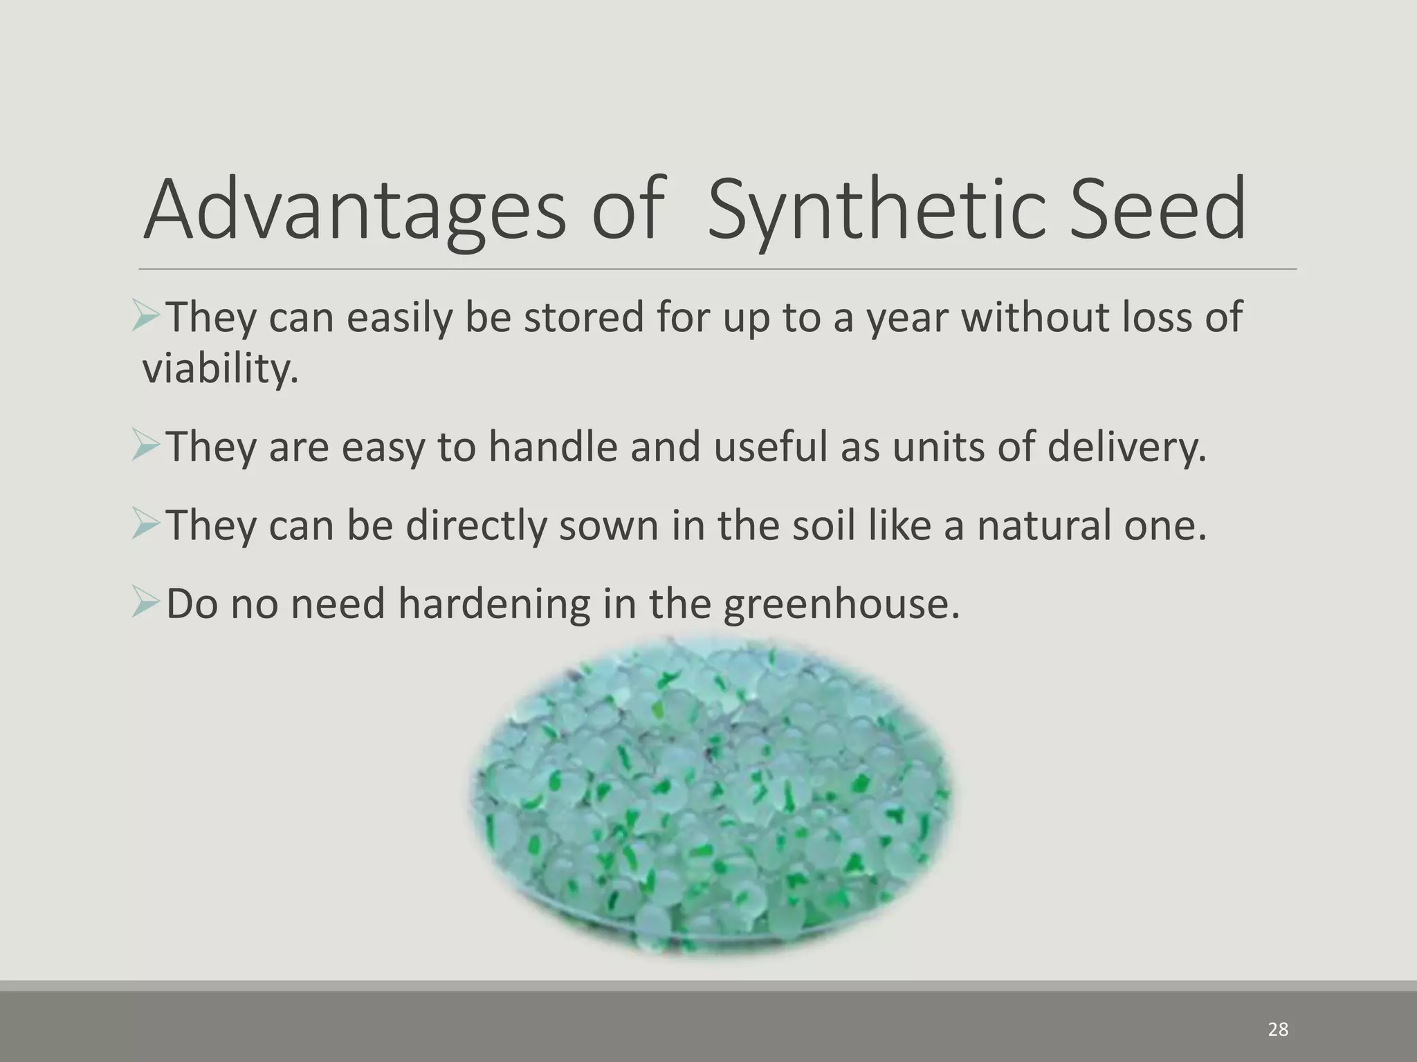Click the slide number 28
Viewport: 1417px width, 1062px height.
(x=1277, y=1030)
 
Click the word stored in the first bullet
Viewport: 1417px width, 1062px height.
(x=584, y=317)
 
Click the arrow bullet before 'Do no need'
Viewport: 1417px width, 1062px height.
(x=147, y=604)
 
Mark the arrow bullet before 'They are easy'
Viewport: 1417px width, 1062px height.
(x=147, y=447)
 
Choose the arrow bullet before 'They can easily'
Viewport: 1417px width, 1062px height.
(x=147, y=317)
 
